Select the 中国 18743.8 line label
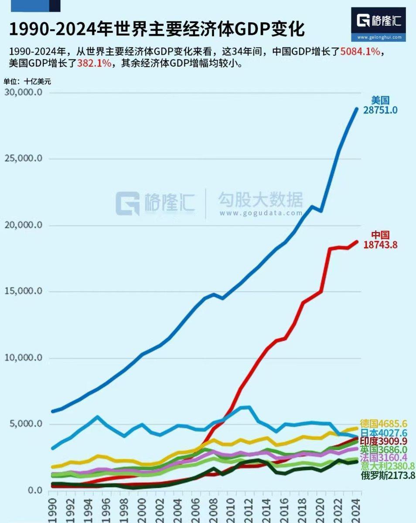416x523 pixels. click(380, 240)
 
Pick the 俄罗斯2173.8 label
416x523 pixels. click(388, 475)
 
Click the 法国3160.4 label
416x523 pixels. click(384, 458)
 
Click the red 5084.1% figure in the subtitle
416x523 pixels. click(360, 51)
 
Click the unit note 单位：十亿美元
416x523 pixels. click(27, 81)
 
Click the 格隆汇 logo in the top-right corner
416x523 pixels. click(378, 24)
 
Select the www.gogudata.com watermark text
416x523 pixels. click(261, 213)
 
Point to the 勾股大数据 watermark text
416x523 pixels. click(260, 200)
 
